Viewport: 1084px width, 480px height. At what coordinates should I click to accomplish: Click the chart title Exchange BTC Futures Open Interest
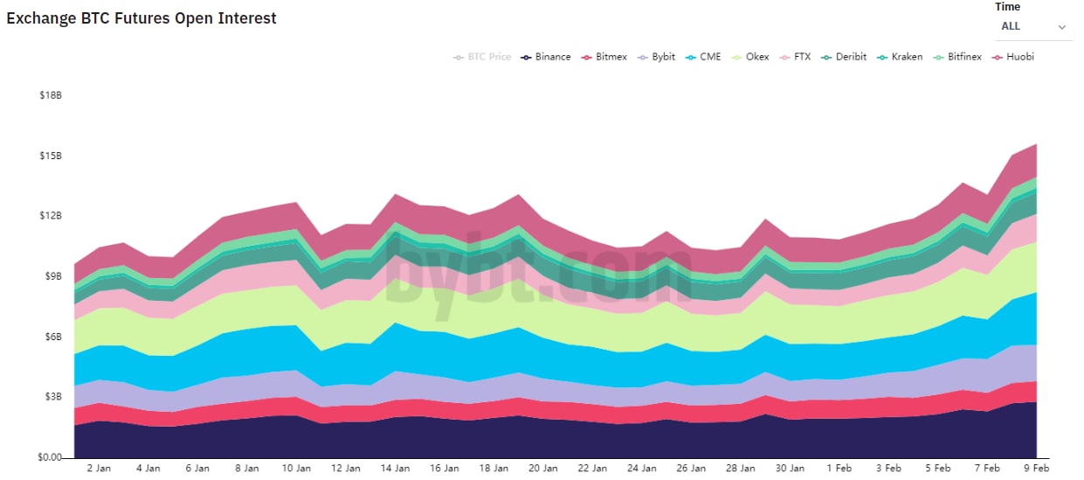[x=142, y=18]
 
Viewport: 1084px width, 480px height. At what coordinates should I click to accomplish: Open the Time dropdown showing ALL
[x=1033, y=27]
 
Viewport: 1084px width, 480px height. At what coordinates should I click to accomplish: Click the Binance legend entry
[x=546, y=57]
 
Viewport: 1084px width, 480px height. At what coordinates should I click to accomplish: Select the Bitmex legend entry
[x=604, y=57]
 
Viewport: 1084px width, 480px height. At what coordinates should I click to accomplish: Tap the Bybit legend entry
[x=657, y=57]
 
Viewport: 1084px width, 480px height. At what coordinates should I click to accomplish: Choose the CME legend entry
[x=704, y=57]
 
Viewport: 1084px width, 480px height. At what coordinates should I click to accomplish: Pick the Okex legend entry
[x=750, y=57]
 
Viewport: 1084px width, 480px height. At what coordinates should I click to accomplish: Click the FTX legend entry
[x=796, y=57]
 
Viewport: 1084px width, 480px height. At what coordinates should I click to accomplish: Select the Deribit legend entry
[x=844, y=57]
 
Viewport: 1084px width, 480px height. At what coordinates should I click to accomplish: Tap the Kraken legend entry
[x=900, y=57]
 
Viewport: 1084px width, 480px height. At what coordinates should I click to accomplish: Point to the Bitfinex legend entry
[x=958, y=57]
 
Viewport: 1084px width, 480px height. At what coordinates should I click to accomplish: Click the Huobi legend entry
[x=1013, y=57]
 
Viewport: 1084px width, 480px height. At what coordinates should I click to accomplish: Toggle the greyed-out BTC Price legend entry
[x=482, y=57]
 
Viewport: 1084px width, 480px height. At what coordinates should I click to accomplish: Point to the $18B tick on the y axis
[x=51, y=95]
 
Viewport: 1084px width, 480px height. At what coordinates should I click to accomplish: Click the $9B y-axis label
[x=51, y=276]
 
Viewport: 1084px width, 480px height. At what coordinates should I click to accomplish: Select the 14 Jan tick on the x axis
[x=397, y=469]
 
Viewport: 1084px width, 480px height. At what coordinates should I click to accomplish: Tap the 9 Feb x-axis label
[x=1035, y=469]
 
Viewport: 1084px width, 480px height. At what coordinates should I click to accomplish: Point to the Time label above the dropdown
[x=1007, y=7]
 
